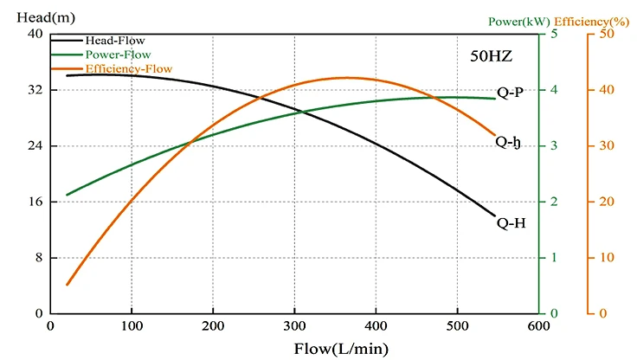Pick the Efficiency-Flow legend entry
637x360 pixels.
(127, 67)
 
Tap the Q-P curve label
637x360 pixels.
(510, 93)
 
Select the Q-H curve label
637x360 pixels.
(511, 222)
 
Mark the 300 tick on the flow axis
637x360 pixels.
(294, 325)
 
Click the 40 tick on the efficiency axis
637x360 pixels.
(608, 90)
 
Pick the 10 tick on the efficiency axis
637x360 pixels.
(608, 258)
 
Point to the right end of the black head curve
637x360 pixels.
(494, 215)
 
